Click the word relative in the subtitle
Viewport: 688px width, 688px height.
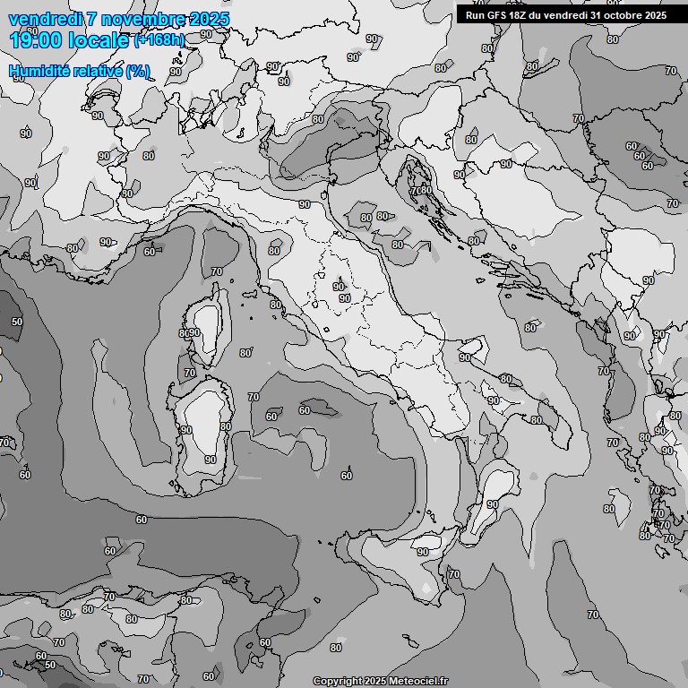pyautogui.click(x=97, y=71)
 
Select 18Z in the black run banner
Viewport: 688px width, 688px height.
pyautogui.click(x=517, y=15)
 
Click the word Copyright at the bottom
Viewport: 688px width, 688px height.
pyautogui.click(x=339, y=681)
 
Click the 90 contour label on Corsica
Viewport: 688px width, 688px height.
pyautogui.click(x=194, y=333)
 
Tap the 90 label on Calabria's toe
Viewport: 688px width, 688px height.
pyautogui.click(x=492, y=504)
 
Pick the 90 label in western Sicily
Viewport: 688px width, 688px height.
pyautogui.click(x=423, y=552)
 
